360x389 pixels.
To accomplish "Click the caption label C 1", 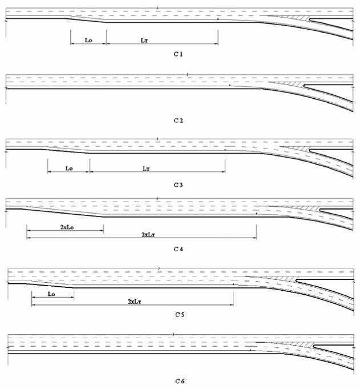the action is (x=178, y=54).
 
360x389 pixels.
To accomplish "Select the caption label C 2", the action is (x=178, y=121).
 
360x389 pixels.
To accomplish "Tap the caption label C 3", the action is (x=178, y=185).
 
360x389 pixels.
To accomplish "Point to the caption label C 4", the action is (x=178, y=249).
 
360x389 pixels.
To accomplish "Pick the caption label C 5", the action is (x=180, y=315).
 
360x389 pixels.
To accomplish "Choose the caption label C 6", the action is (x=180, y=381).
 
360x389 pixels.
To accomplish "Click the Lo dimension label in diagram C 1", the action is (x=88, y=40).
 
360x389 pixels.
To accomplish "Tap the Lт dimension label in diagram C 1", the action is (x=144, y=40).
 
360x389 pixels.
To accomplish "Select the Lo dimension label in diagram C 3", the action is (x=69, y=168).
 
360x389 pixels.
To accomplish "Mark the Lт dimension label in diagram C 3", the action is (x=146, y=169).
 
